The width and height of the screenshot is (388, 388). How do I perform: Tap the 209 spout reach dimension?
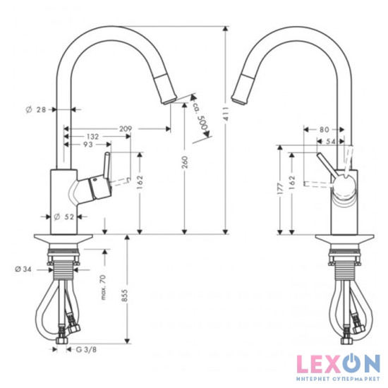pyautogui.click(x=126, y=128)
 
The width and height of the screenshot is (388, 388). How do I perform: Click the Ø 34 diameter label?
pyautogui.click(x=23, y=269)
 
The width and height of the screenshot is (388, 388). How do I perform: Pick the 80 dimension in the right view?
pyautogui.click(x=324, y=130)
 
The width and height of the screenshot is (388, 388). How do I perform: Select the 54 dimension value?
pyautogui.click(x=332, y=143)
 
